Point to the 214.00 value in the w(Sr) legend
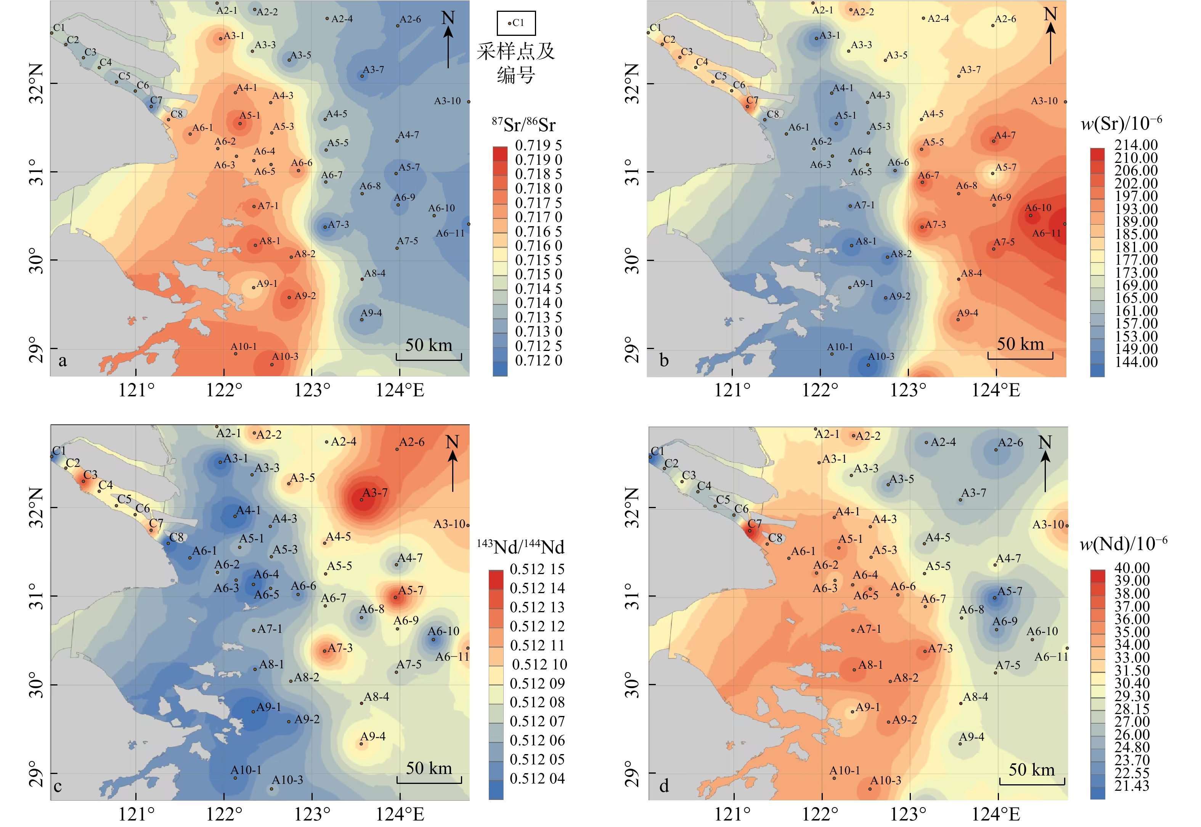click(x=1136, y=145)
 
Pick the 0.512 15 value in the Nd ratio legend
click(x=537, y=569)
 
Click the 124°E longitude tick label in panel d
click(x=995, y=814)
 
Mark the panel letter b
click(x=664, y=360)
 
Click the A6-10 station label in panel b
click(x=1038, y=208)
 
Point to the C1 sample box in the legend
click(x=516, y=23)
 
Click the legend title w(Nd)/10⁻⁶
click(x=1123, y=544)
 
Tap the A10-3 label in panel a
click(x=285, y=357)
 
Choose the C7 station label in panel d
click(x=755, y=524)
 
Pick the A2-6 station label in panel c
click(x=412, y=442)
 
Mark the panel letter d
click(x=664, y=787)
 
